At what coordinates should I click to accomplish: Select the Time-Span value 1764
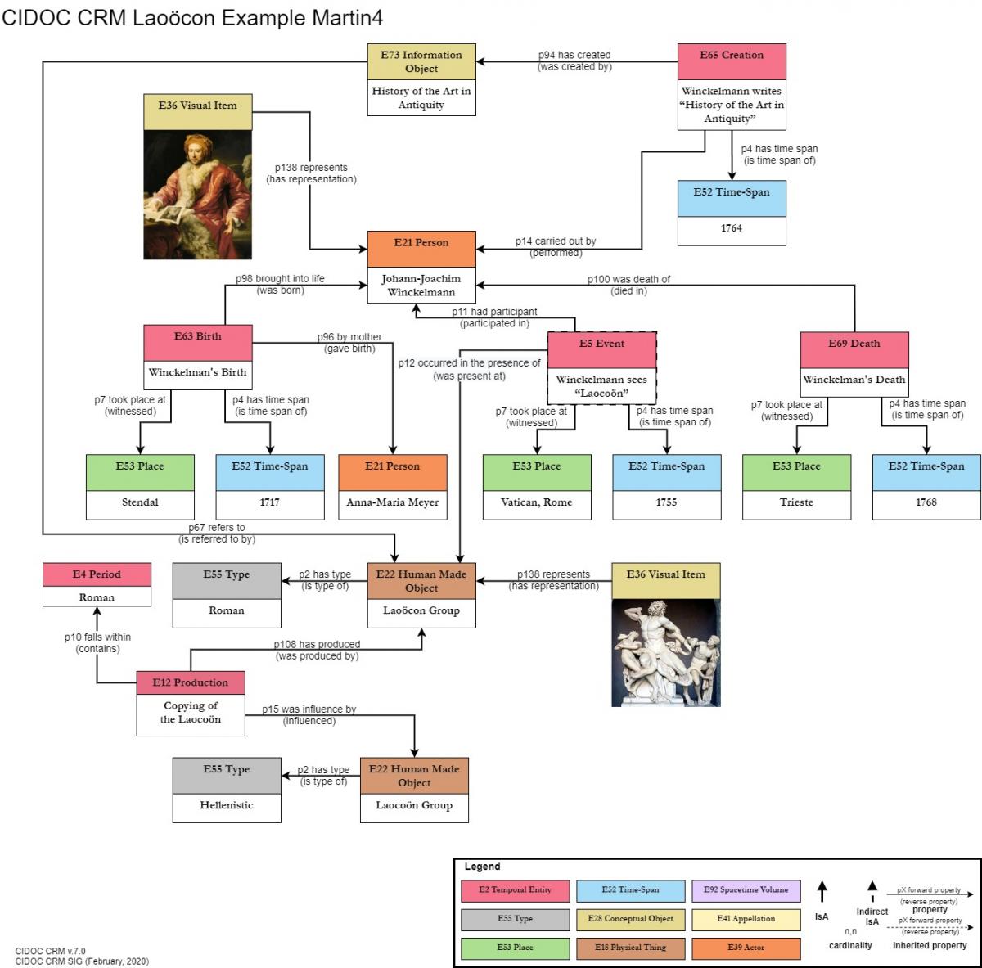[732, 228]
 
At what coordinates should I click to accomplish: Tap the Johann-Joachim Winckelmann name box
[421, 286]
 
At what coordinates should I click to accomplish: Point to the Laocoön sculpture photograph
[665, 653]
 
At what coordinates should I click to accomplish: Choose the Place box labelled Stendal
[140, 502]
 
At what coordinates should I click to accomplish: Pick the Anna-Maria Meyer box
[393, 502]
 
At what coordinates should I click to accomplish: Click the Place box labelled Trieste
[796, 502]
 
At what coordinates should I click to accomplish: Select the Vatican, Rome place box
[536, 502]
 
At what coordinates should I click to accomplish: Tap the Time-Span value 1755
[666, 502]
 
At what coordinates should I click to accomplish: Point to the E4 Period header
[97, 574]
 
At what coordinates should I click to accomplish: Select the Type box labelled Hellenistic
[227, 805]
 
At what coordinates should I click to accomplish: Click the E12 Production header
[191, 682]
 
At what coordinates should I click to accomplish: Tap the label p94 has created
[574, 55]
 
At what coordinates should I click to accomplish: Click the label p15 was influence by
[309, 709]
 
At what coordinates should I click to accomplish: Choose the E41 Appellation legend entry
[746, 919]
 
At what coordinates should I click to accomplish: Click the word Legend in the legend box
[482, 867]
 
